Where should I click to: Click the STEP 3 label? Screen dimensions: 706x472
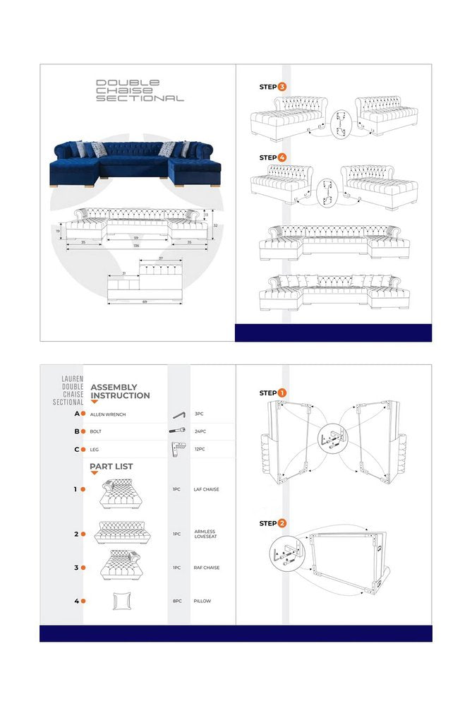tap(272, 87)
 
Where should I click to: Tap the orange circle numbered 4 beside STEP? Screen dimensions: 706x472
tap(282, 157)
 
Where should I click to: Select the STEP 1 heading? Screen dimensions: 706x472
tap(272, 393)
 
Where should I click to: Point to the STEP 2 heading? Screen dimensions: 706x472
tap(272, 523)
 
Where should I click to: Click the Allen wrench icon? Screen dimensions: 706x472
tap(179, 414)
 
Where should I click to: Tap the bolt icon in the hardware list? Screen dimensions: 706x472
tap(177, 431)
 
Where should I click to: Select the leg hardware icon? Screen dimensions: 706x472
tap(177, 448)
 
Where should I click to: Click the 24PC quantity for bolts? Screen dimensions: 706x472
tap(199, 431)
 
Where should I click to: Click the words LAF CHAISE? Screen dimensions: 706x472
tap(207, 489)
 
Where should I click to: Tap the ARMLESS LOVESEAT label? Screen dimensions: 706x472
tap(205, 534)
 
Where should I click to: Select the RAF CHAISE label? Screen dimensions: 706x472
tap(207, 568)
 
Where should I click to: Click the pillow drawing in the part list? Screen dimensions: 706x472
tap(121, 601)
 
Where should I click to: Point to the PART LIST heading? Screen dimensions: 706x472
tap(111, 467)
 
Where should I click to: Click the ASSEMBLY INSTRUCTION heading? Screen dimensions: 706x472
tap(120, 391)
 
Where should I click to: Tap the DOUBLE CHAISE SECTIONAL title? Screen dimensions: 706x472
tap(139, 91)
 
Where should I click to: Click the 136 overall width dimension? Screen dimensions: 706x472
tap(135, 246)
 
